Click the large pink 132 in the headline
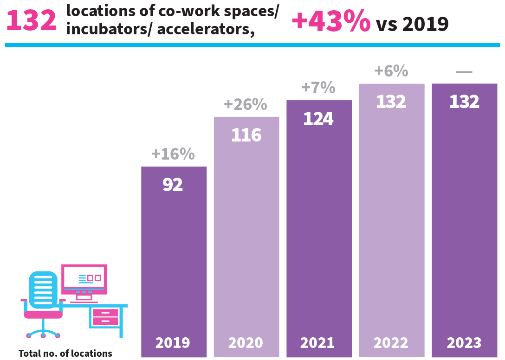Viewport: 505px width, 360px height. click(31, 21)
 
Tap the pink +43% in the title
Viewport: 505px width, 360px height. click(330, 21)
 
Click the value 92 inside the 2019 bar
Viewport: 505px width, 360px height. click(173, 185)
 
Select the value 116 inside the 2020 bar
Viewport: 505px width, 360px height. click(246, 135)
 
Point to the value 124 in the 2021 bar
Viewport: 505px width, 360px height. click(318, 119)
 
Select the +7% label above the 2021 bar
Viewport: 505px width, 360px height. click(318, 88)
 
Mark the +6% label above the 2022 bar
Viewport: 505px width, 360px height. click(391, 71)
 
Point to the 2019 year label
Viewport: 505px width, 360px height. click(173, 343)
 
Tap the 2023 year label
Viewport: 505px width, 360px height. click(464, 343)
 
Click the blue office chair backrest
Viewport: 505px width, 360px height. click(43, 289)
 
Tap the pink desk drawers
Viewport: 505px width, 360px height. click(105, 316)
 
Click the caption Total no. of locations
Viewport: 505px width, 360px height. click(65, 354)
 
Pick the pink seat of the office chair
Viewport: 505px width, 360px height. click(43, 314)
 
